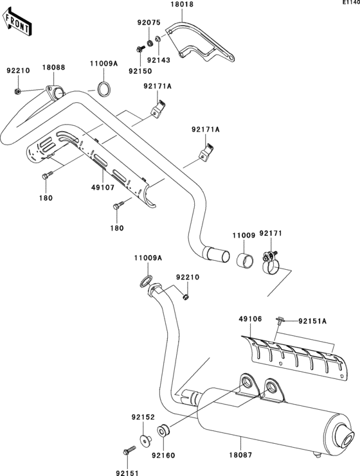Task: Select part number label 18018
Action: (182, 4)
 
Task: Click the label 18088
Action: (53, 67)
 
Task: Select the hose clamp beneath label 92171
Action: (273, 264)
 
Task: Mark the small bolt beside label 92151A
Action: (280, 320)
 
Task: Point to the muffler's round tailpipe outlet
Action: (348, 439)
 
